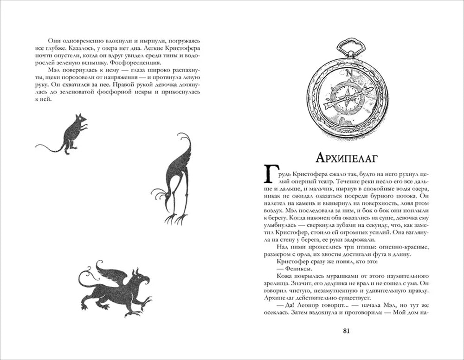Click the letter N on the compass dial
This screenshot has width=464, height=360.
click(x=348, y=72)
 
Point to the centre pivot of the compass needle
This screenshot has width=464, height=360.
click(x=347, y=98)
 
